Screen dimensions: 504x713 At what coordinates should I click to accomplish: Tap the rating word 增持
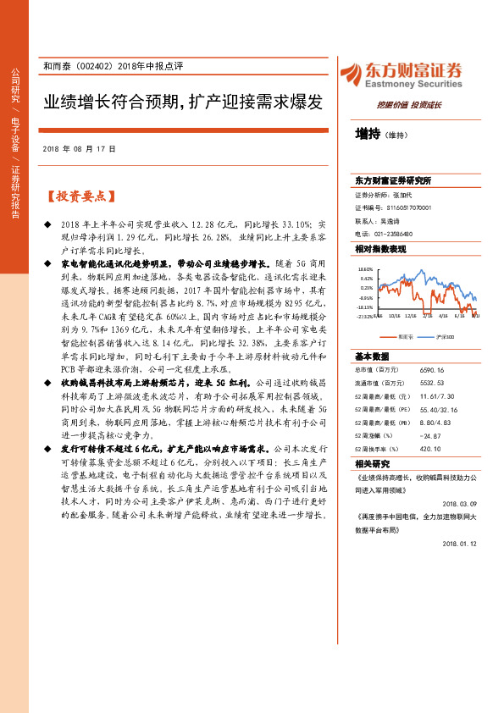pos(368,134)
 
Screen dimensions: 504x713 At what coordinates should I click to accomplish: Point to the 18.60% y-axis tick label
pos(366,268)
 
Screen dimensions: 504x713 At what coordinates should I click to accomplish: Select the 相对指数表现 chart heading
pos(379,249)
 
